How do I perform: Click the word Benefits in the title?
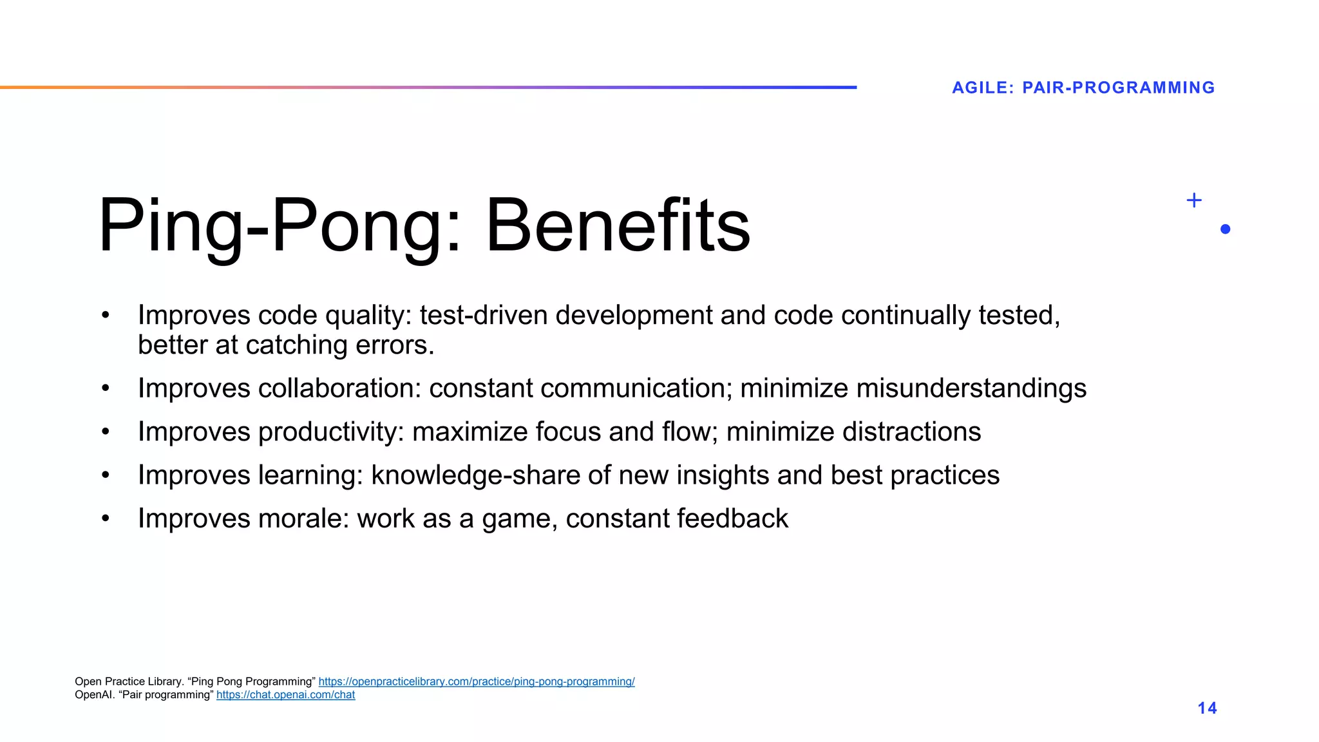618,225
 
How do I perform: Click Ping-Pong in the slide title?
270,225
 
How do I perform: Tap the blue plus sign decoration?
1193,200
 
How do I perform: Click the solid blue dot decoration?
1225,229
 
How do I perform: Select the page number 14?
1207,708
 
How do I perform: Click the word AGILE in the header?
982,88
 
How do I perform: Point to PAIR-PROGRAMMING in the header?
1118,88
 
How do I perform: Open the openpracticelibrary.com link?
476,681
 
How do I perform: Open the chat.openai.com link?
285,695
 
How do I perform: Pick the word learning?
310,475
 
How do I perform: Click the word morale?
303,518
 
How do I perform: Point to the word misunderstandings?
971,388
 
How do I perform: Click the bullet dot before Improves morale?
106,518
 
